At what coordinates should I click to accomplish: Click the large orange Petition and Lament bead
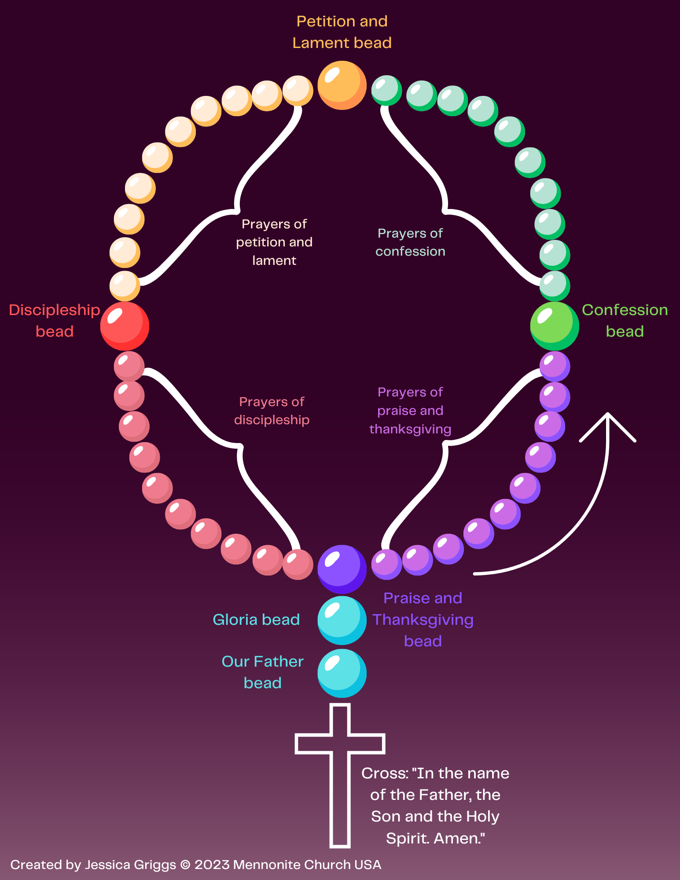(x=342, y=85)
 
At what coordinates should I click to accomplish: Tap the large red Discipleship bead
(x=125, y=326)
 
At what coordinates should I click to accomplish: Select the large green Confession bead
(x=554, y=326)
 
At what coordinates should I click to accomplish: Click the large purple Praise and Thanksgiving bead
(x=342, y=569)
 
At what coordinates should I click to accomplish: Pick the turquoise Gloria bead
(x=342, y=620)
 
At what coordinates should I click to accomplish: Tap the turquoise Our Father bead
(x=342, y=673)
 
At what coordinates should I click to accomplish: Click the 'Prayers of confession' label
(x=410, y=242)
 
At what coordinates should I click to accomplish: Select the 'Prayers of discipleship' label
(x=272, y=411)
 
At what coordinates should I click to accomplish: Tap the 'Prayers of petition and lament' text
(x=274, y=242)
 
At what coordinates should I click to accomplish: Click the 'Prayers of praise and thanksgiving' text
(x=410, y=410)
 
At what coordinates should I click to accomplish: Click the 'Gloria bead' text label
(x=256, y=620)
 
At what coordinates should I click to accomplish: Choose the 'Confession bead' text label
(x=625, y=320)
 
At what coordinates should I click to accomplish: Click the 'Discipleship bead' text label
(x=55, y=320)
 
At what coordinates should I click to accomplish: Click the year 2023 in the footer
(x=213, y=865)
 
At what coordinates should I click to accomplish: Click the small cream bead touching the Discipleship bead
(x=125, y=286)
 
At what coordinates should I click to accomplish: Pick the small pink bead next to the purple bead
(x=298, y=564)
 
